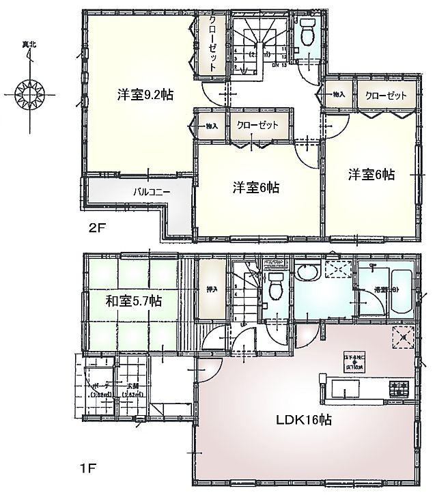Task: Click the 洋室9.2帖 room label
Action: click(143, 96)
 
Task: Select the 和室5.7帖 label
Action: click(133, 301)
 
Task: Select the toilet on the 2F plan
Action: click(305, 29)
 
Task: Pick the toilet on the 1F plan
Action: click(276, 286)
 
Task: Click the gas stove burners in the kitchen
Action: click(399, 390)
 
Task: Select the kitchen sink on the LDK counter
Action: click(340, 390)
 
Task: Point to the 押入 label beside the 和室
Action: click(212, 289)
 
